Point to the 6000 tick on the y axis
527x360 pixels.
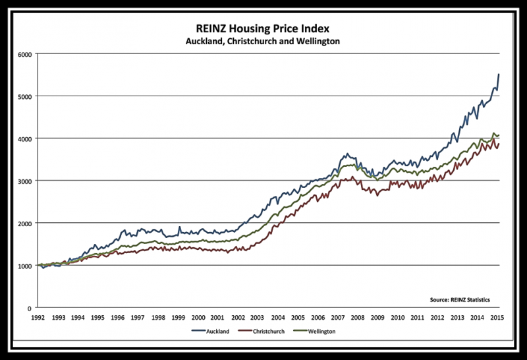24,54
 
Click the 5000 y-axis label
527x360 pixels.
24,96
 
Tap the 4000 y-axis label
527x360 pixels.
24,138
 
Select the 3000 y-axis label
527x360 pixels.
24,181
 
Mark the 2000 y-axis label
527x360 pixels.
24,224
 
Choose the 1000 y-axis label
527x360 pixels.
24,266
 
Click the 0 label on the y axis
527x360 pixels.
29,308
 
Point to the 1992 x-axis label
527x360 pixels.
38,317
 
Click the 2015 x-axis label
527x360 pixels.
497,317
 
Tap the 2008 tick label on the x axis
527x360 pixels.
358,317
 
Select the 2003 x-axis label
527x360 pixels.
258,317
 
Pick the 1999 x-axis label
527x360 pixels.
178,317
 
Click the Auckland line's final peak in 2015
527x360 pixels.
498,75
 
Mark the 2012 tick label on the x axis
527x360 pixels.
437,317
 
